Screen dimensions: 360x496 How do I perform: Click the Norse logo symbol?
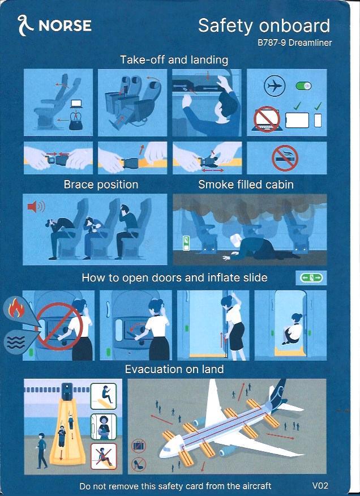point(25,25)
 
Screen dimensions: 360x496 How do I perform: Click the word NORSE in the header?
point(65,26)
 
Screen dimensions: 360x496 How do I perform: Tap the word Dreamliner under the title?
point(310,42)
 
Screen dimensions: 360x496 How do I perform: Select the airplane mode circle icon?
point(275,85)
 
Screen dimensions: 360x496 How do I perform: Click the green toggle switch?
point(303,86)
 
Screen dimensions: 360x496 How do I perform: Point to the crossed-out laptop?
point(267,119)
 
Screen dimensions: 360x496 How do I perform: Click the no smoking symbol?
point(285,158)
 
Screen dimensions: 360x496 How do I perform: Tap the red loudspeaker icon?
point(36,207)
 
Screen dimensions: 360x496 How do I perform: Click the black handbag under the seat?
point(76,122)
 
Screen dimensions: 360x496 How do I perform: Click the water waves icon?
point(16,343)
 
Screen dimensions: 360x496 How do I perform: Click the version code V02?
point(320,485)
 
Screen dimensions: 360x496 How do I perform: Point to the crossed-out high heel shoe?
point(139,464)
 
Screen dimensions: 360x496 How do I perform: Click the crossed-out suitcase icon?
point(139,446)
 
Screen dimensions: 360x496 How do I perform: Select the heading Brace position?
point(101,185)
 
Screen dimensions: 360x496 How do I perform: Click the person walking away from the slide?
point(41,451)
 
